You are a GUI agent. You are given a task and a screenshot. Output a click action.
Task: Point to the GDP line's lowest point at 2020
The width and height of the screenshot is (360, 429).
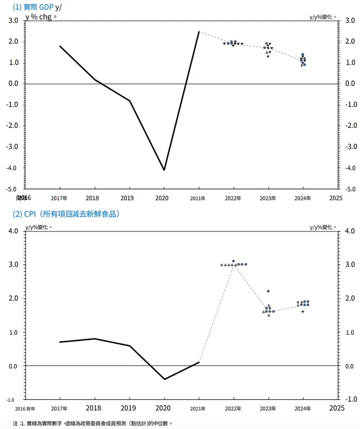tap(164, 170)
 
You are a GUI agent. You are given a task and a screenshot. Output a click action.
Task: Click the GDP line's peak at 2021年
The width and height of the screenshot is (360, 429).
tap(199, 32)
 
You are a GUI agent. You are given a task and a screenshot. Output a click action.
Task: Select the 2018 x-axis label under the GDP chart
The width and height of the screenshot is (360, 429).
tap(94, 198)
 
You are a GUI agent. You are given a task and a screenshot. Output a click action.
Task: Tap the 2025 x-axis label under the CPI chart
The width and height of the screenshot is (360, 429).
tap(336, 408)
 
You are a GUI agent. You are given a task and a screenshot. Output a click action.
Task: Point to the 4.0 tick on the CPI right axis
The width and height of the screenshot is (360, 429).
tap(349, 231)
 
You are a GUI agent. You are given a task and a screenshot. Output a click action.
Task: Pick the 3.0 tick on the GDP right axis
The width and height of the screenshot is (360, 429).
tap(349, 20)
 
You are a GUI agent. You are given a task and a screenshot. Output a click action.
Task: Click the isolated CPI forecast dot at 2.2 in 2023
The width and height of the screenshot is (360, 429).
tap(268, 291)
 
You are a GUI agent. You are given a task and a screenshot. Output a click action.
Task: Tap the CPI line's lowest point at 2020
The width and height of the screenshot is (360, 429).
tap(164, 379)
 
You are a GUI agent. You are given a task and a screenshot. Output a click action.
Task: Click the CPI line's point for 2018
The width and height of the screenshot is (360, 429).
tap(94, 339)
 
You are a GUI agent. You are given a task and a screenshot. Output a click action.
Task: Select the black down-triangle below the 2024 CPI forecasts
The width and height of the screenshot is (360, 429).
tap(303, 312)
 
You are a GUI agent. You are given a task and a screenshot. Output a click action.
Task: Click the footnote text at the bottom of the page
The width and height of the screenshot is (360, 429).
tap(92, 423)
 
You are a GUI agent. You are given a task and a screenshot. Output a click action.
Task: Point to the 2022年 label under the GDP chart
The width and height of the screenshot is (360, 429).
tap(234, 198)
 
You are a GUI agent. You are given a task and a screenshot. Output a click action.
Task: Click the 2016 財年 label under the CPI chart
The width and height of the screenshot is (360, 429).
tap(25, 409)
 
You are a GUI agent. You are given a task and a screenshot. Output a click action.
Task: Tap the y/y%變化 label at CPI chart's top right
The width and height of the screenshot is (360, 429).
tap(323, 227)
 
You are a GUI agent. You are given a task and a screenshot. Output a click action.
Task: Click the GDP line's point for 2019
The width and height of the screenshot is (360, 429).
tap(129, 101)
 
